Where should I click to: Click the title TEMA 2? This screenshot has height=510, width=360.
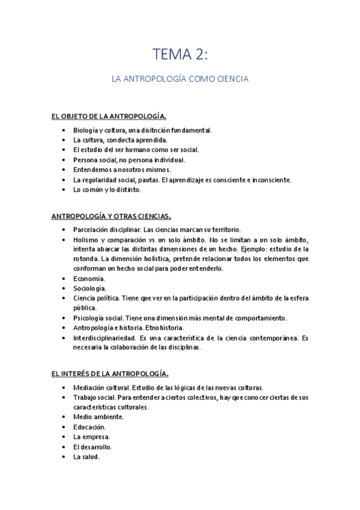pos(180,55)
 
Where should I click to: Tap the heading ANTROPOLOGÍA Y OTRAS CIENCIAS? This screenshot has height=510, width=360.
pos(111,215)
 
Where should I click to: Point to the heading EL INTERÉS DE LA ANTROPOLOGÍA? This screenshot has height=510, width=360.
pos(109,374)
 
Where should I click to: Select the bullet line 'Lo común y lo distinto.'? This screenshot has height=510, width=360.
pos(107,190)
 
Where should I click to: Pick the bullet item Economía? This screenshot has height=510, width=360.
pos(90,278)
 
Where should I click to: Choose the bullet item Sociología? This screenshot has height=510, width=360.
pos(90,288)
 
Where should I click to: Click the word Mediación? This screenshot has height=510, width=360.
pos(90,388)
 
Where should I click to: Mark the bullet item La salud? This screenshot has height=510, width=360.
pos(86,457)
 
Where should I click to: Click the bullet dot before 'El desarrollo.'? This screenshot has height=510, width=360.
pos(64,447)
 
